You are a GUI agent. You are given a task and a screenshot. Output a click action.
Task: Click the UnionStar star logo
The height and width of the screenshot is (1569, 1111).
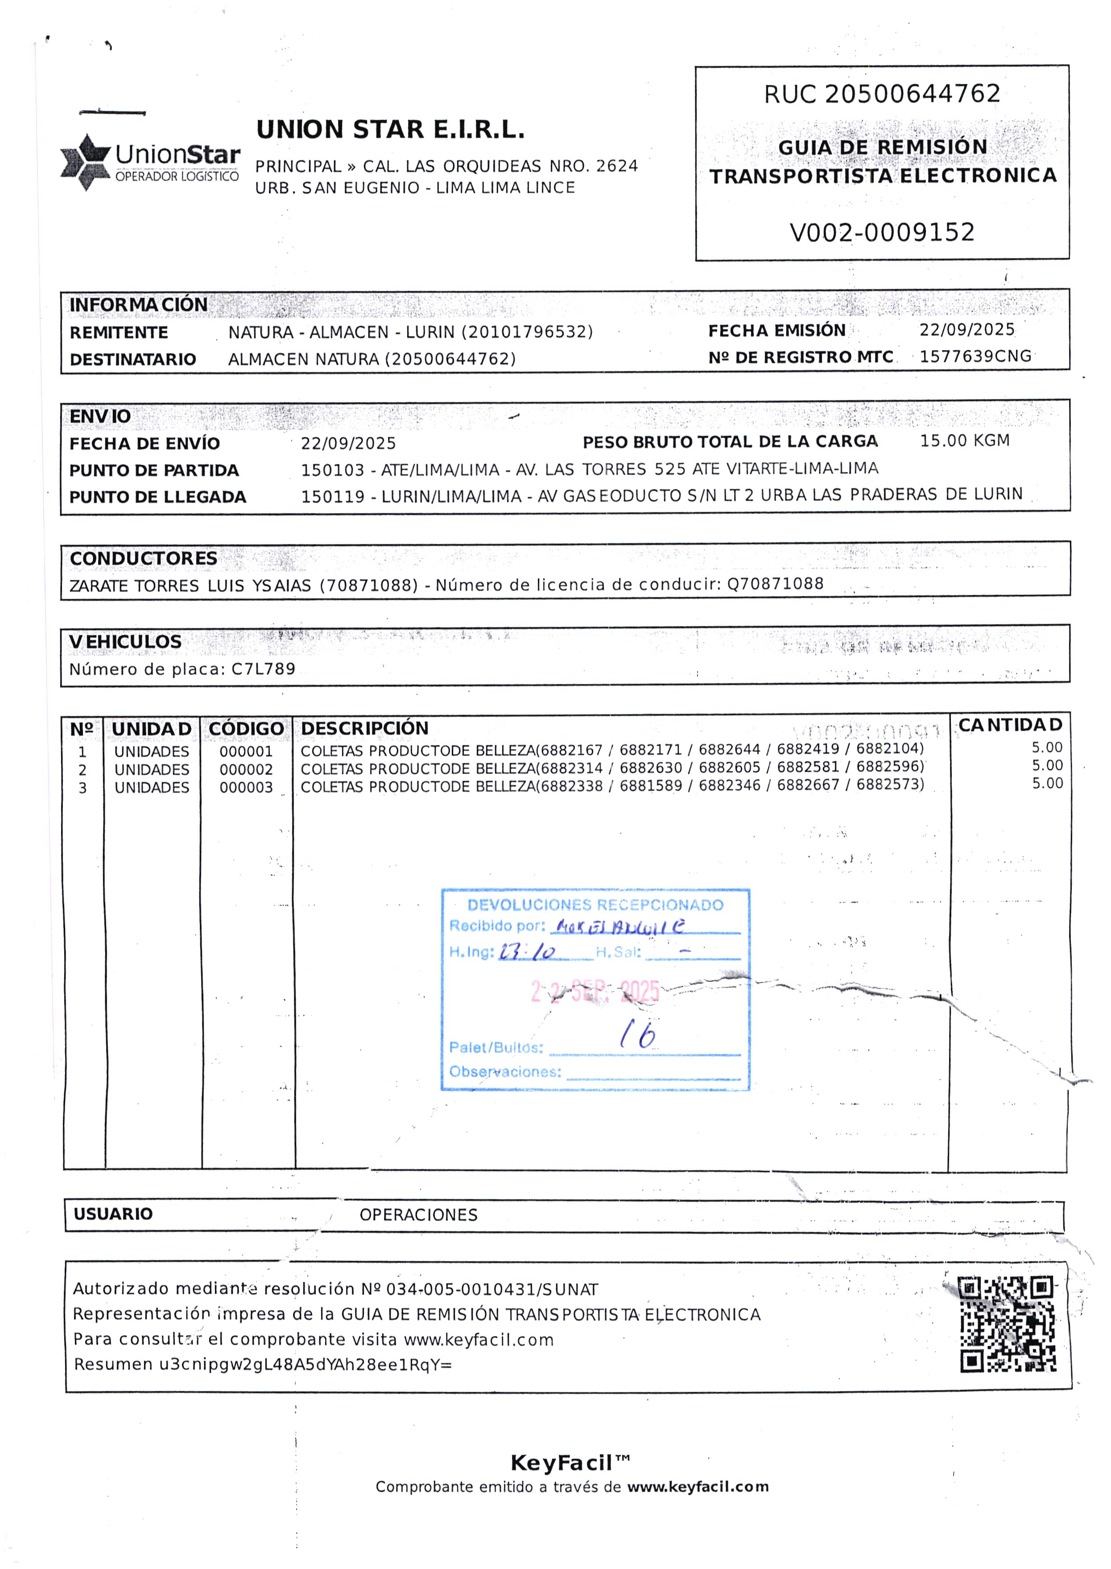(86, 162)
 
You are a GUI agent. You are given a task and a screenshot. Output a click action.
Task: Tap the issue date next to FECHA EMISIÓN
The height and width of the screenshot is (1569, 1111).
(966, 330)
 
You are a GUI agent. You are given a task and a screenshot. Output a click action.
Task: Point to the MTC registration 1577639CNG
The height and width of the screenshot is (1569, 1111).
(975, 356)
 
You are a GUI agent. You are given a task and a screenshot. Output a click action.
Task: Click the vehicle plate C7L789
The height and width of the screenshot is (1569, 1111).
(264, 669)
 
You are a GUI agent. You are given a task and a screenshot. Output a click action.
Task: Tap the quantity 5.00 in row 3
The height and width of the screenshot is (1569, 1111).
(1047, 783)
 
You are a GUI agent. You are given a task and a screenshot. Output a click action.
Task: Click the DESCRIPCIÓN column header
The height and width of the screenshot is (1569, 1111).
(365, 728)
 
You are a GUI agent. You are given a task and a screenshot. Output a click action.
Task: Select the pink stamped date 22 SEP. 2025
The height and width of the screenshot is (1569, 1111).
(595, 991)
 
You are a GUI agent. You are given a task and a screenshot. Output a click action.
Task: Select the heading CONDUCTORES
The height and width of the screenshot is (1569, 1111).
(144, 559)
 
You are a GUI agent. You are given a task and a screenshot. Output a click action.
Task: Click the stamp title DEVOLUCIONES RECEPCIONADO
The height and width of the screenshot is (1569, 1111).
(595, 905)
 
